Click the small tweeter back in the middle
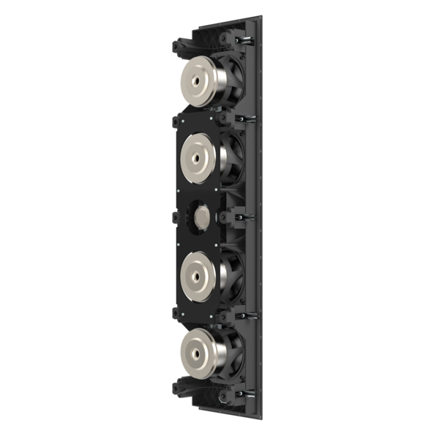point(200,216)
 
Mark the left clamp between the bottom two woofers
point(176,312)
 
